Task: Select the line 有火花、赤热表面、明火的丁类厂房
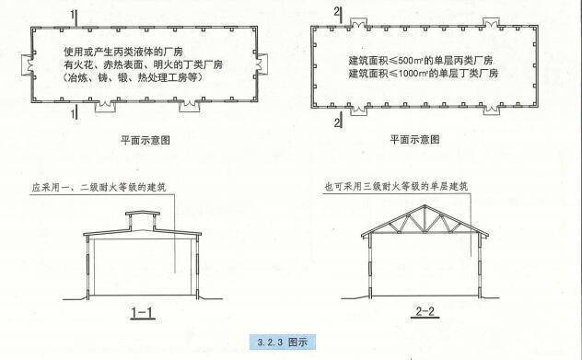[143, 65]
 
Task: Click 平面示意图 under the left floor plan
[145, 140]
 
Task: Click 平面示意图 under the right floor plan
[413, 140]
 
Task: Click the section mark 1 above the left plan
[72, 13]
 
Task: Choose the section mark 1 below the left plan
[72, 114]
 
